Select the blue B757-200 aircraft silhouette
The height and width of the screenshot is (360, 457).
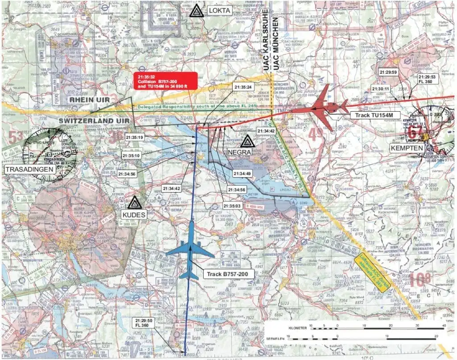190,250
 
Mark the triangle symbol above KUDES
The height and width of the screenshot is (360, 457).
133,203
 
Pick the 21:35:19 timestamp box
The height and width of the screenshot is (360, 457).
135,138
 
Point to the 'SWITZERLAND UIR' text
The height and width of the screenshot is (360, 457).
90,121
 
